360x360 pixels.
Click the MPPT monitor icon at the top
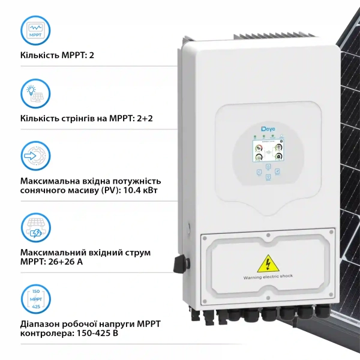pyautogui.click(x=35, y=31)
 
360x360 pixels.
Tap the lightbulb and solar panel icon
pyautogui.click(x=35, y=94)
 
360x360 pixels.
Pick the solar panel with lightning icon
pyautogui.click(x=35, y=227)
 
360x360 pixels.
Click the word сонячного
pyautogui.click(x=43, y=191)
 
